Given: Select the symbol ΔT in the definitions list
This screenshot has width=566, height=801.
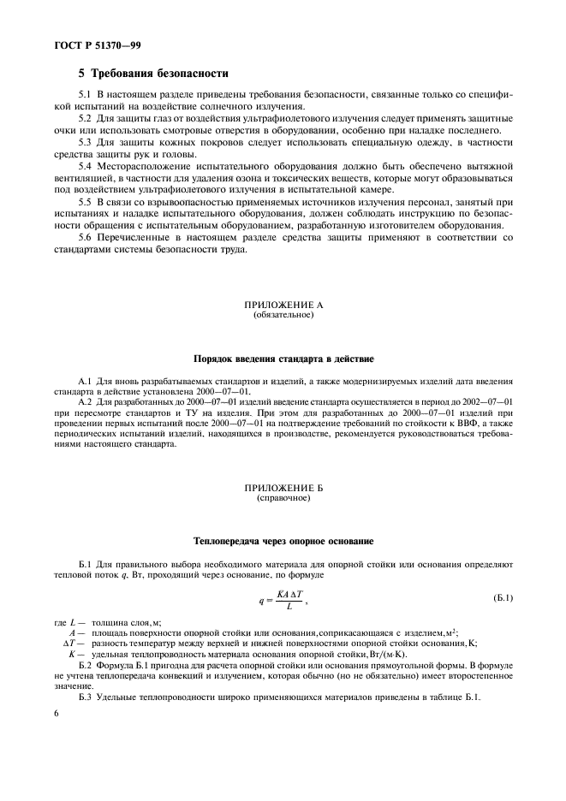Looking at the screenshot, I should (x=71, y=643).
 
